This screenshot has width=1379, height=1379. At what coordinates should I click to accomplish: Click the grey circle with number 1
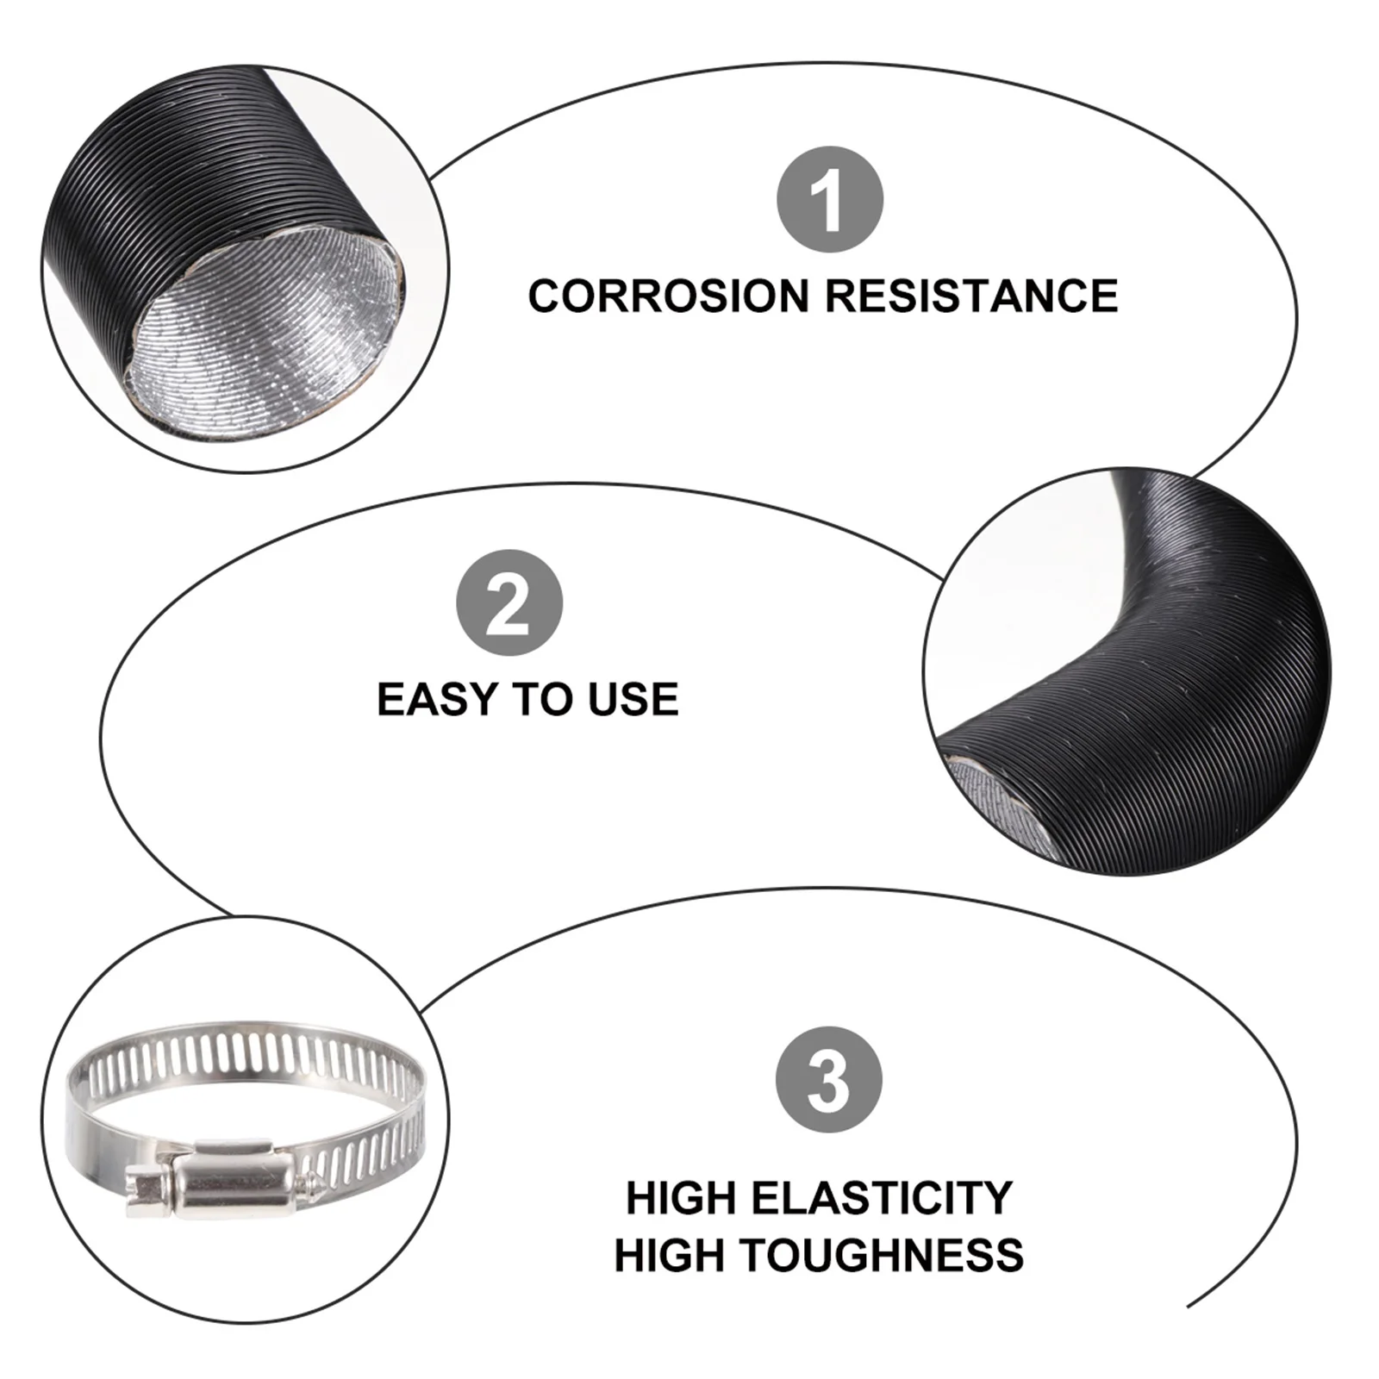pos(830,199)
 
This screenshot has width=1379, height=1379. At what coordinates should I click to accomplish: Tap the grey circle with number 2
pos(509,602)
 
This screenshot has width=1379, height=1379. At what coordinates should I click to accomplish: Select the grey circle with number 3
pos(828,1079)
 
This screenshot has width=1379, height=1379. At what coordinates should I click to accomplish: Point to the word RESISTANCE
pos(971,296)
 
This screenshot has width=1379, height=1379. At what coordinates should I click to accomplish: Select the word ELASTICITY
pos(881,1198)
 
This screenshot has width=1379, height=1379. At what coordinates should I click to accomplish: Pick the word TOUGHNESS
pos(883,1255)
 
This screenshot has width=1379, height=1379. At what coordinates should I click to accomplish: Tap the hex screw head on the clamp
pos(147,1190)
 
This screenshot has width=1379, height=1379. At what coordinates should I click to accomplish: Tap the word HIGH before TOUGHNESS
pos(669,1255)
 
